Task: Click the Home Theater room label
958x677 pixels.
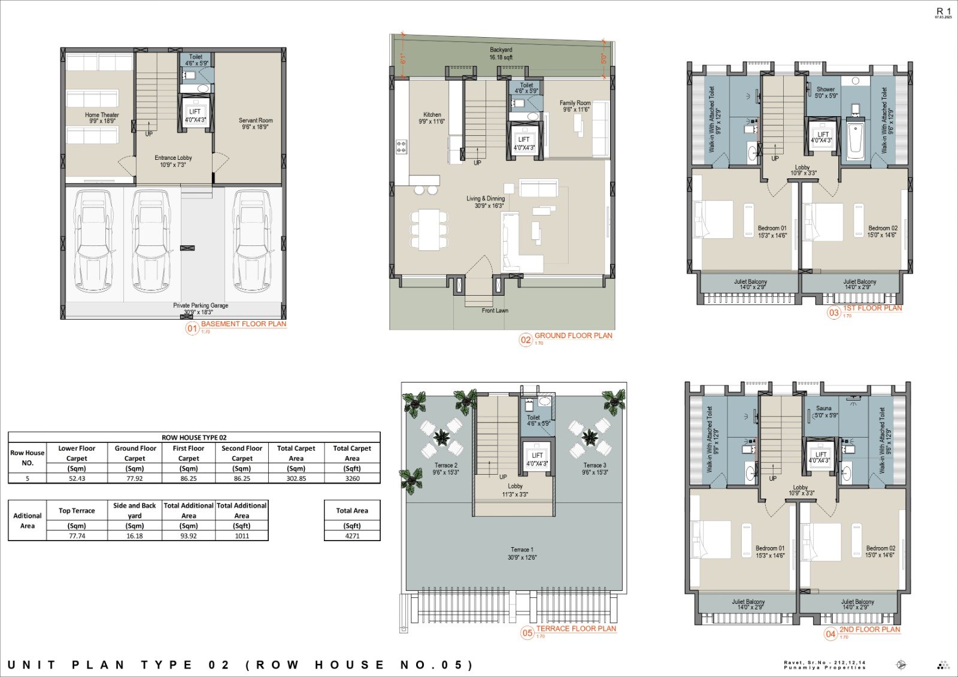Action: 102,117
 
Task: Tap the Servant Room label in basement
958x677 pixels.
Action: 256,123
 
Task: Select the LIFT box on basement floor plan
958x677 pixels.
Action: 195,114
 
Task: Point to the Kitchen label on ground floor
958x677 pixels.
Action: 432,118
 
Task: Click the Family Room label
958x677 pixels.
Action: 575,106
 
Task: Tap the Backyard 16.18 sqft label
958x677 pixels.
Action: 501,53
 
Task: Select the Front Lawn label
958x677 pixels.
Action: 495,310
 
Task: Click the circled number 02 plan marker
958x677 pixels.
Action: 525,340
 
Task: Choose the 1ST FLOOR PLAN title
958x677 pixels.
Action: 872,308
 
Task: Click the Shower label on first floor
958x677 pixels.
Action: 826,92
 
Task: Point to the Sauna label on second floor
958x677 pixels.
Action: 824,411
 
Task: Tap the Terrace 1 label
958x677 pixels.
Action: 522,553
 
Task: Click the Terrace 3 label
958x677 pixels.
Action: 595,468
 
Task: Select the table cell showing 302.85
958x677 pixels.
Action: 296,478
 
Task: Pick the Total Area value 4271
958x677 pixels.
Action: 352,536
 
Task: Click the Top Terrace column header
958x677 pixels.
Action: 77,511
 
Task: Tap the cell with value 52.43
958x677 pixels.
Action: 77,478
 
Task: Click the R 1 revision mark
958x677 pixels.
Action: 943,11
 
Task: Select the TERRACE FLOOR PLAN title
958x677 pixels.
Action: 575,629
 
